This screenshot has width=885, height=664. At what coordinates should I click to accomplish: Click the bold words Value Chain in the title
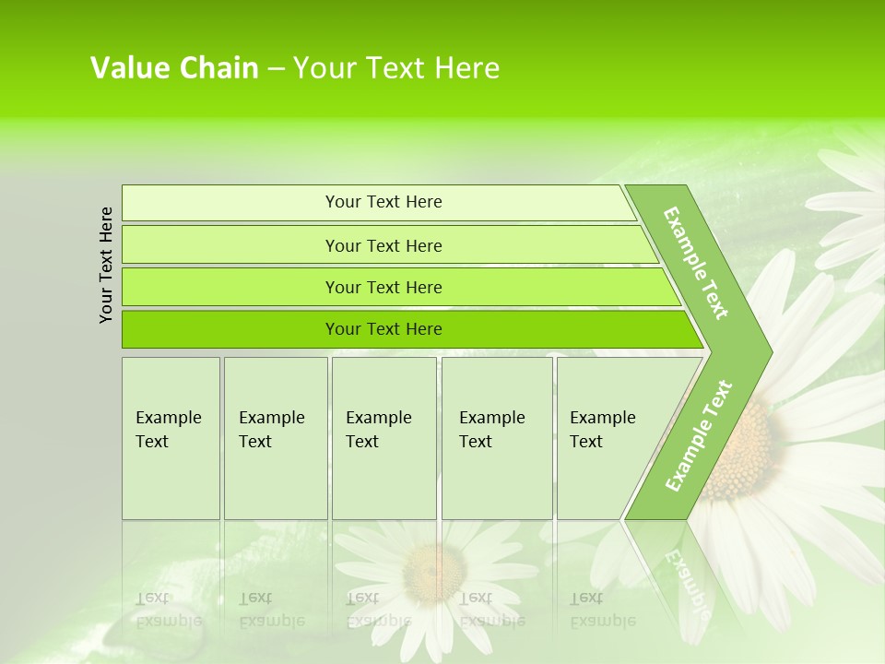[174, 68]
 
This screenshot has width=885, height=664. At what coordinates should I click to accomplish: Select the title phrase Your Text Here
[396, 68]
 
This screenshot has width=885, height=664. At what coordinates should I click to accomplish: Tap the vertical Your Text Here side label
[106, 265]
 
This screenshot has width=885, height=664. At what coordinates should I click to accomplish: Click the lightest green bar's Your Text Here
[383, 202]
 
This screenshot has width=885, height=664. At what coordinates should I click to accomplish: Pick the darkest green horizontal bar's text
[383, 329]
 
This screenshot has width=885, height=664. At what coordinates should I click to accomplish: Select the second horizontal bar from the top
[383, 245]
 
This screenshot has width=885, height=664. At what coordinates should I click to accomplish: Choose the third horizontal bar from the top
[383, 288]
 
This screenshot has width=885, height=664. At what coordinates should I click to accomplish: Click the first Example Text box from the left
[170, 430]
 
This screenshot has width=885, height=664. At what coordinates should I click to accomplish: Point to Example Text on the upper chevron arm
[696, 263]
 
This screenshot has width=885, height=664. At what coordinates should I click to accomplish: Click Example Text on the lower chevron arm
[698, 435]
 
